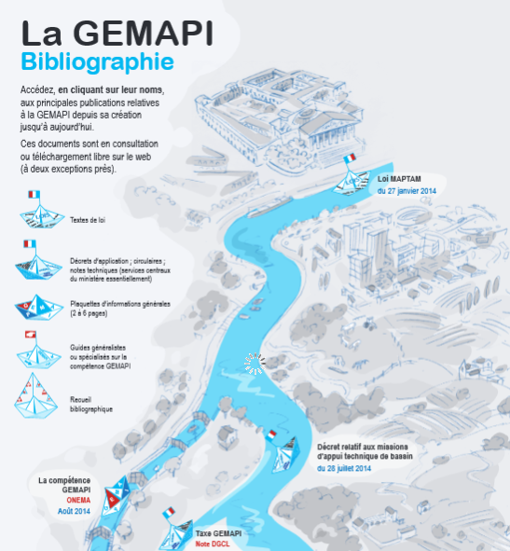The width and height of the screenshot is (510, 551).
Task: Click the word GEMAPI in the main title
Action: pos(143,33)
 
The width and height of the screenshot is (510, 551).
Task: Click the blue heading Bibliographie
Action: pos(97,62)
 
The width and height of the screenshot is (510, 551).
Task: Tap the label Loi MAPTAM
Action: pos(399,179)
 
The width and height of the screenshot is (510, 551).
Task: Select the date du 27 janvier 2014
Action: pos(407,191)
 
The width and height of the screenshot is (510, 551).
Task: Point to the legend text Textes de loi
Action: pos(88,220)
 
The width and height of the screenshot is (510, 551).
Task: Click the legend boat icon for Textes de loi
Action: pos(42,210)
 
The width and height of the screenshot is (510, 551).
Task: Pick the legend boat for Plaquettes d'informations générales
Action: pos(39,308)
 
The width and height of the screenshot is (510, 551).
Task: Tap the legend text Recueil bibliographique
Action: pos(91,404)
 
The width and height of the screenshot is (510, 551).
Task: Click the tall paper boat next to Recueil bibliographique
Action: pos(35,395)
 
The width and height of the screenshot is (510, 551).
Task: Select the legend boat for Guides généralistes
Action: pos(38,351)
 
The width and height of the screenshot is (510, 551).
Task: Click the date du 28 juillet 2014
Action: pos(344,468)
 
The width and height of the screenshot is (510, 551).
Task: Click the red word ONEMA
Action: pos(78,500)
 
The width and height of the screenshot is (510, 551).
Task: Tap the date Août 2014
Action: pos(74,511)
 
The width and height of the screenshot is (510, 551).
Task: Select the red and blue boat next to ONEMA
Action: pos(116,495)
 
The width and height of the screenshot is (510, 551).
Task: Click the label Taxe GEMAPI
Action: pos(218,533)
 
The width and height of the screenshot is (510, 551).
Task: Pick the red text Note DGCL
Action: pos(213,544)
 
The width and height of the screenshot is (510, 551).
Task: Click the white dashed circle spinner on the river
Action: pos(255,364)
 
